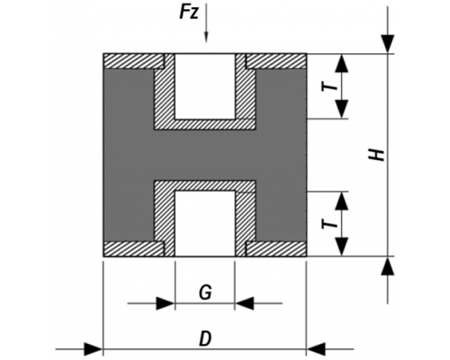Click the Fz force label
pos(189,13)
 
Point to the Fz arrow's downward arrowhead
pos(206,38)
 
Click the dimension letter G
pos(205,292)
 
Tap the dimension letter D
pos(205,339)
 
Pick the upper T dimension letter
pos(329,86)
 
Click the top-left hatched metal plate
pos(134,61)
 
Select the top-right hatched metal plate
pos(276,61)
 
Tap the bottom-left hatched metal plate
pos(134,249)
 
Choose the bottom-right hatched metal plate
pos(276,249)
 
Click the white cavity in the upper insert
pos(205,86)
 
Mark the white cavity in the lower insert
pos(205,223)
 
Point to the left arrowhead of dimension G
pos(166,303)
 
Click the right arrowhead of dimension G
pos(245,303)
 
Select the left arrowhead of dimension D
pos(94,349)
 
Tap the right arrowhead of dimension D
pos(316,349)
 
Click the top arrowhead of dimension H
pos(388,44)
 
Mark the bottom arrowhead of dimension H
pos(388,265)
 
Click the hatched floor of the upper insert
pos(205,124)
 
